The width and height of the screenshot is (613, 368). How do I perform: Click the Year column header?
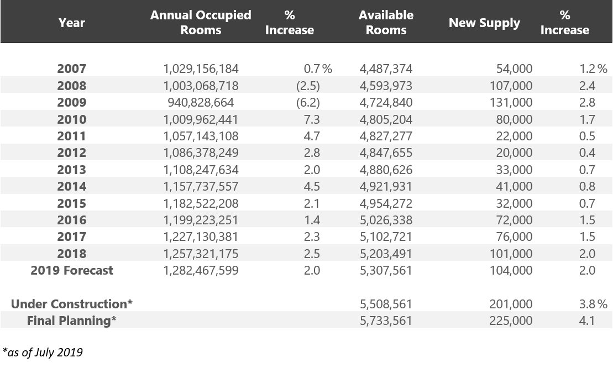pos(71,23)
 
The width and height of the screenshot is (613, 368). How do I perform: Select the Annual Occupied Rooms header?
pos(201,23)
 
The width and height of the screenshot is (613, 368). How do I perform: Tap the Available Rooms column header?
pos(386,23)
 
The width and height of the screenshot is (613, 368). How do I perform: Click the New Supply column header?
pos(484,23)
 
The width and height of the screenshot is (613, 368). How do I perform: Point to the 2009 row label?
pos(71,103)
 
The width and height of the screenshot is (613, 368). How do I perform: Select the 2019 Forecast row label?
pos(72,271)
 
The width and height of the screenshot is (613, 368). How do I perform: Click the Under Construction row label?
pos(72,304)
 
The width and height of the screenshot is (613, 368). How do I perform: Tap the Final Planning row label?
pos(72,320)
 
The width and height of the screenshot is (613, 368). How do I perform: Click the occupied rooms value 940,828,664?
pos(201,103)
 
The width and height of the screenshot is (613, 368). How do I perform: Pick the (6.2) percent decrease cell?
pos(308,103)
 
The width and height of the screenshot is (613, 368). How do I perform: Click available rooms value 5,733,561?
pos(386,320)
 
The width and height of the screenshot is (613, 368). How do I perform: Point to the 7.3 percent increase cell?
pos(312,119)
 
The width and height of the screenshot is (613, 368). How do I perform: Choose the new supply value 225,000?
pos(511,320)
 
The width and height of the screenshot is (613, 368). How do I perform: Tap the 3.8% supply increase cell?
pos(593,304)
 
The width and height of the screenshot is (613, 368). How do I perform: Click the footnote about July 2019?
pos(43,352)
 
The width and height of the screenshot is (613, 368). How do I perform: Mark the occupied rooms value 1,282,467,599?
pos(201,271)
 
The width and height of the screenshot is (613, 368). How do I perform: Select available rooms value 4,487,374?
pos(386,69)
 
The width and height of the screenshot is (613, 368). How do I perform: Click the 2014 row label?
pos(71,187)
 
